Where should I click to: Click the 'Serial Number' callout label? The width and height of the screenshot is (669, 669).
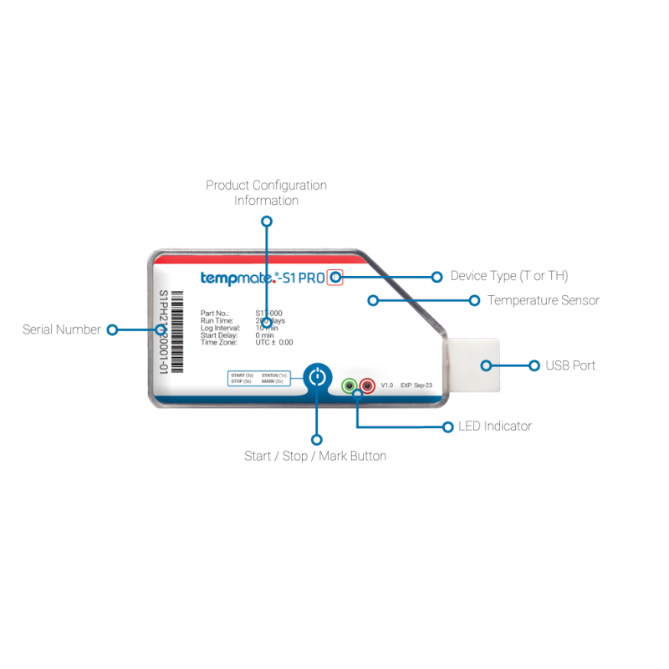[62, 330]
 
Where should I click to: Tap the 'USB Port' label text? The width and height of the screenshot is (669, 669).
[571, 365]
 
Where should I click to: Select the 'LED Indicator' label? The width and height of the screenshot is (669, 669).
[494, 426]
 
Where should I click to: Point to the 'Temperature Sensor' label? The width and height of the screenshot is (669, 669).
[544, 300]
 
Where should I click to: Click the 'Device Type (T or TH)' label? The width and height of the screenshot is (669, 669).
[509, 276]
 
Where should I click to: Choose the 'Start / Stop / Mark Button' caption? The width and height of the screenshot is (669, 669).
[315, 457]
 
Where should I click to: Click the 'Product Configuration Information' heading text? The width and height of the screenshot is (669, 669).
[266, 193]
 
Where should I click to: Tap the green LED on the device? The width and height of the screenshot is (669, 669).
[350, 386]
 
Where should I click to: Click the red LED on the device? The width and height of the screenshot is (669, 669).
[366, 386]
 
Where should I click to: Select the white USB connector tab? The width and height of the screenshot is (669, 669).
[473, 365]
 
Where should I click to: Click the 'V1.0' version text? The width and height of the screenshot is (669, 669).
[387, 386]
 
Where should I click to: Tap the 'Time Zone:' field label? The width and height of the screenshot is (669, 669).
[219, 343]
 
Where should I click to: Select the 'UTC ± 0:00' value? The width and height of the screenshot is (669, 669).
[274, 343]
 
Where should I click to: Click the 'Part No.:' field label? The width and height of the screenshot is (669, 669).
[215, 314]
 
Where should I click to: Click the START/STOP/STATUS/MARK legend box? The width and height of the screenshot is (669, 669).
[259, 378]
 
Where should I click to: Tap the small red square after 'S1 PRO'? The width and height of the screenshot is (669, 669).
[335, 277]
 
